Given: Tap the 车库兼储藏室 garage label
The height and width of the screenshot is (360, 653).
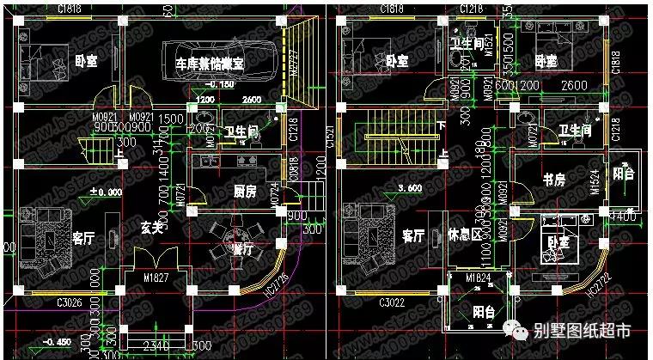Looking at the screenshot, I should [210, 64].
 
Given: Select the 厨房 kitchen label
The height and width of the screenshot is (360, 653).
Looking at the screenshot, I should [246, 191].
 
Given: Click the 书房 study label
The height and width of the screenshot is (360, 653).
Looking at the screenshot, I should [553, 180].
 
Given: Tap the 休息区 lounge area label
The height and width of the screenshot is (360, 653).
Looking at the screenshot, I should [465, 234].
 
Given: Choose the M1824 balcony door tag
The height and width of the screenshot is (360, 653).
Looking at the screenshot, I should [477, 278].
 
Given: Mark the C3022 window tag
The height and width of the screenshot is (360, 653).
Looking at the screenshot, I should [394, 302].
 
